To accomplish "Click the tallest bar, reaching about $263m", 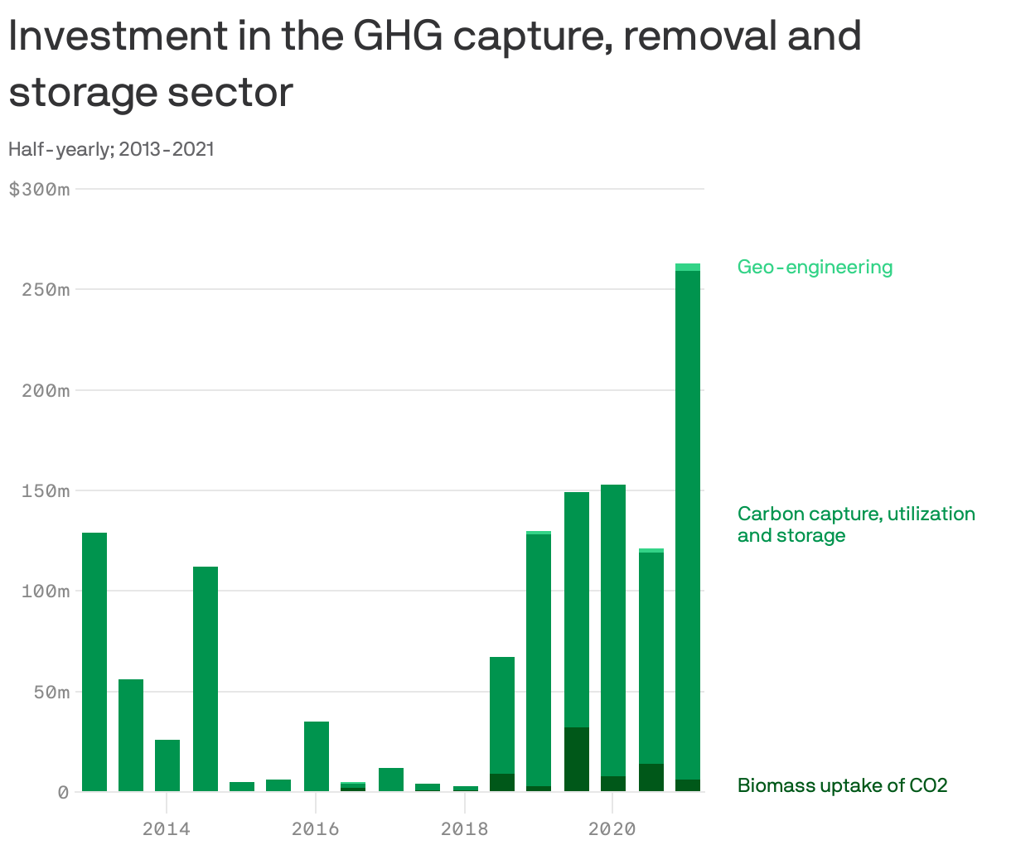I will (688, 522).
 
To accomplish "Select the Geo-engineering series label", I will (815, 268).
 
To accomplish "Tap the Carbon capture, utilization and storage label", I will (855, 524).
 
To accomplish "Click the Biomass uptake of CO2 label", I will (842, 785).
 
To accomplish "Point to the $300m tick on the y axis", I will (39, 190).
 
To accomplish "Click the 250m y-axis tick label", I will (45, 290).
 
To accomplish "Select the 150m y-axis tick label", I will (45, 491).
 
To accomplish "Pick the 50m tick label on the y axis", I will (51, 693).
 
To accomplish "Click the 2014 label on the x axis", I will (167, 828).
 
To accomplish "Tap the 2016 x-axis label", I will (316, 828).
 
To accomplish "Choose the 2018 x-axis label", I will (465, 828).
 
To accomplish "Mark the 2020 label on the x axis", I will (612, 828).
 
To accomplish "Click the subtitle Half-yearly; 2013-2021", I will (111, 149).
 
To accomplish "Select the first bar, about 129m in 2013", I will (94, 663).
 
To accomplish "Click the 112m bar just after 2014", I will (206, 679).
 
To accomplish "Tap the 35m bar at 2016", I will (317, 756).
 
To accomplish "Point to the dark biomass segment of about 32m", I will (577, 760).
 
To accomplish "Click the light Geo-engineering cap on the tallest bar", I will (688, 267).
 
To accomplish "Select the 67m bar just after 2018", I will (502, 712).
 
